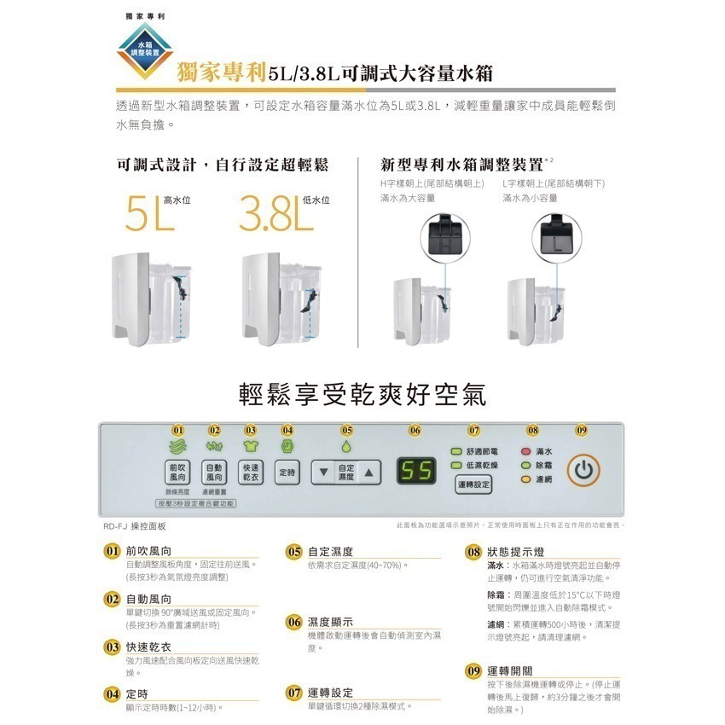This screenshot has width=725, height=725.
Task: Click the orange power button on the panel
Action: click(x=582, y=470)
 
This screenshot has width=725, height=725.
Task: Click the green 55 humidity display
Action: click(x=417, y=470)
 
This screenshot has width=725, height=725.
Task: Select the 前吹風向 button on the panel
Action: click(x=177, y=472)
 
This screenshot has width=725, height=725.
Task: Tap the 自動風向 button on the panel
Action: click(x=214, y=472)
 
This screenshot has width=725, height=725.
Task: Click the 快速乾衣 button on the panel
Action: click(x=251, y=472)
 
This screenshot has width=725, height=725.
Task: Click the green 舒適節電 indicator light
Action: click(x=456, y=451)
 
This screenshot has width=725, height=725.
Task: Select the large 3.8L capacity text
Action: click(x=271, y=216)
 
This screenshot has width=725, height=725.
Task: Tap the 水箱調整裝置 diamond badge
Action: click(x=142, y=49)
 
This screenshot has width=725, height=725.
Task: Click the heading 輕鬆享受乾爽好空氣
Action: click(x=362, y=394)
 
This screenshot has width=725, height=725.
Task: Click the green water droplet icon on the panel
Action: click(x=346, y=446)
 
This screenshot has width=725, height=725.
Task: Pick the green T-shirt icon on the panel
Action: click(x=251, y=446)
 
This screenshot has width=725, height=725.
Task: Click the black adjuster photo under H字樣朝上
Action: click(x=447, y=233)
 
